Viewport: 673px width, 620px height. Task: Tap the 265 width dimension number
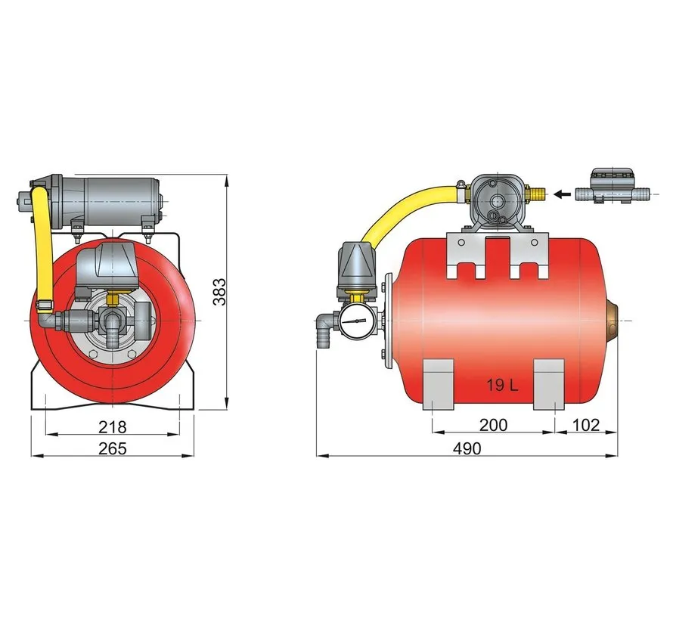113,448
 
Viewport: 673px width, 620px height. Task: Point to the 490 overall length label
467,448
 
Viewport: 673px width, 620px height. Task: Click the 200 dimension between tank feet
494,425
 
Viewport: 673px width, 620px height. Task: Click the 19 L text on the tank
501,386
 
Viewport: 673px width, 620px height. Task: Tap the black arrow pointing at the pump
561,194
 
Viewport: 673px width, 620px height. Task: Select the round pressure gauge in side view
355,324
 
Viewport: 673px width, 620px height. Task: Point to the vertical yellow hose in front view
42,250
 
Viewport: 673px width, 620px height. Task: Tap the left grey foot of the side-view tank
436,383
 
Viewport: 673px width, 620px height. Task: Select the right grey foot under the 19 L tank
550,383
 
